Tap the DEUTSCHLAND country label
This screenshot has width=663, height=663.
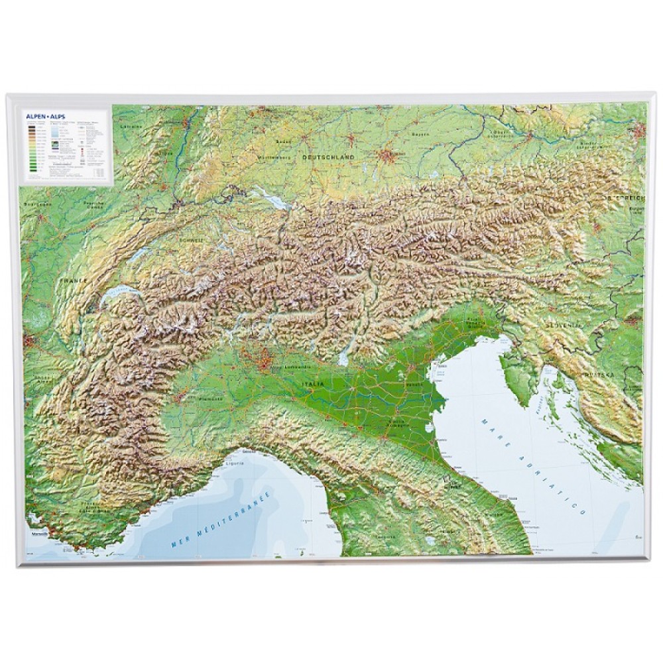point(328,157)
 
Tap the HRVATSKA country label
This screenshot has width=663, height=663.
point(599,375)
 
